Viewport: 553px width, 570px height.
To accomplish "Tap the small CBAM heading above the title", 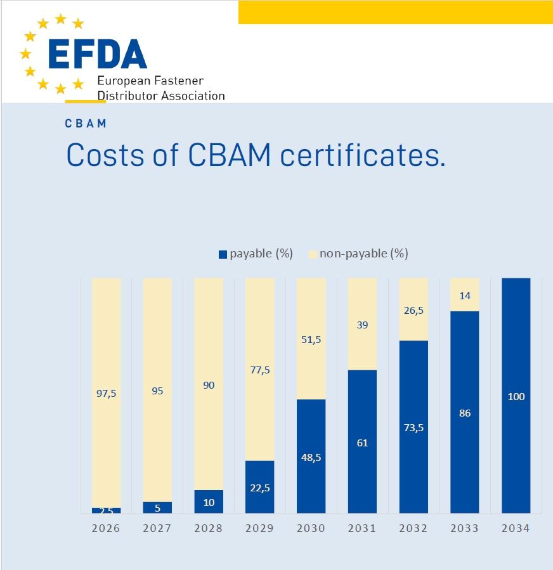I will coord(86,124).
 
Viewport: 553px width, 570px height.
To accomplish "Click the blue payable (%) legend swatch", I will coord(223,254).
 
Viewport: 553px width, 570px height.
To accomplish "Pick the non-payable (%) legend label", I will coord(363,254).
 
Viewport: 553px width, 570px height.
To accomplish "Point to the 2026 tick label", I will coord(106,528).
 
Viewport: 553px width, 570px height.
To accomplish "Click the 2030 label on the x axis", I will coord(311,528).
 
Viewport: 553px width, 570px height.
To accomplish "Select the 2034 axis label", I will coord(516,528).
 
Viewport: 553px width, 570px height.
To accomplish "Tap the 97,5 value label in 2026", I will coord(106,393).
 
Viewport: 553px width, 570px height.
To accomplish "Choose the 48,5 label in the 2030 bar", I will coord(311,457).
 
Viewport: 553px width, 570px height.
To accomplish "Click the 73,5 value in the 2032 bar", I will coord(413,427).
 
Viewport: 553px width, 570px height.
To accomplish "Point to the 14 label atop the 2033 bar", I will coord(464,295).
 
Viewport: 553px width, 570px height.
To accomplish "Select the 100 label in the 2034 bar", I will coord(516,397).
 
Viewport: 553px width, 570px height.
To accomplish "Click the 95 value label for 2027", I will coord(157,391).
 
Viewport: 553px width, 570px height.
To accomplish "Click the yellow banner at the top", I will coord(395,12).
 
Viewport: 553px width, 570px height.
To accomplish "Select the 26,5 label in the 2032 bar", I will coord(413,310).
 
